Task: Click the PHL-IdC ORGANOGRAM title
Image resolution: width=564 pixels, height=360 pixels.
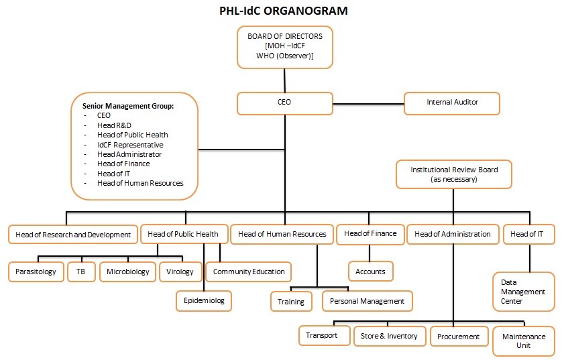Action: [284, 11]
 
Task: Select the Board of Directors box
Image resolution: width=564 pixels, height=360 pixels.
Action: [285, 46]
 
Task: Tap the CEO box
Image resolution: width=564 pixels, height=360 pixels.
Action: [284, 103]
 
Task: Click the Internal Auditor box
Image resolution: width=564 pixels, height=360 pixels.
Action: [452, 103]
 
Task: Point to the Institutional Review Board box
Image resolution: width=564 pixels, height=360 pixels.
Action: [454, 174]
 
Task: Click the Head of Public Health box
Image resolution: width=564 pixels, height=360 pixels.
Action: [182, 234]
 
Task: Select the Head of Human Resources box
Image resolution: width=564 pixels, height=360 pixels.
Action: [282, 234]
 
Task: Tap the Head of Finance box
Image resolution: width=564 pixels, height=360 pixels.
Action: [370, 233]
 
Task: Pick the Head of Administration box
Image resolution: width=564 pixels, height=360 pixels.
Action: [453, 234]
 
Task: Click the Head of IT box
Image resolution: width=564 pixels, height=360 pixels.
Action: [528, 234]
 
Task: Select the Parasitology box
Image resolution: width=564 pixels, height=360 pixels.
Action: [36, 272]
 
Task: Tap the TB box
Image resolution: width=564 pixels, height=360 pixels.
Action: [80, 272]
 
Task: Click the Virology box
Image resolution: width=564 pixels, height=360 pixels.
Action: [180, 272]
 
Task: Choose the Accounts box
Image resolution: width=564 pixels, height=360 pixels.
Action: [370, 272]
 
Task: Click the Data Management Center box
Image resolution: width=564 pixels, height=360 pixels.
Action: [523, 292]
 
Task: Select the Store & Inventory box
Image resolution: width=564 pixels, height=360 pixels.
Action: [390, 336]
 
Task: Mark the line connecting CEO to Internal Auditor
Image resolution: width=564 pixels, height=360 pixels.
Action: [368, 103]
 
